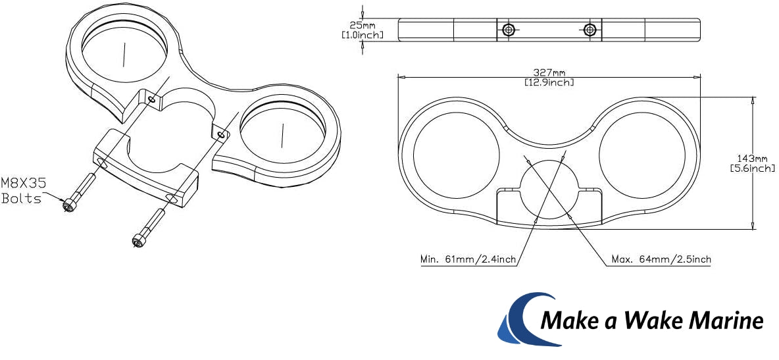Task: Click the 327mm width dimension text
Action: [549, 72]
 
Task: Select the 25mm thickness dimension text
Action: [363, 26]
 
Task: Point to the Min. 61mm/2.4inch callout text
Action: [468, 259]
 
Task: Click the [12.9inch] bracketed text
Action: [549, 82]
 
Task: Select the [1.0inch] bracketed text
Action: [363, 35]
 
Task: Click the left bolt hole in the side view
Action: [508, 30]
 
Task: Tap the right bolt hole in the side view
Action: [590, 30]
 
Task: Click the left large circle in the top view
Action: [457, 155]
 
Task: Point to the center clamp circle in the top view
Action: [549, 190]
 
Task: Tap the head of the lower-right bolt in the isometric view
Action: [138, 241]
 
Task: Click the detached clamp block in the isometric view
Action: [145, 167]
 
